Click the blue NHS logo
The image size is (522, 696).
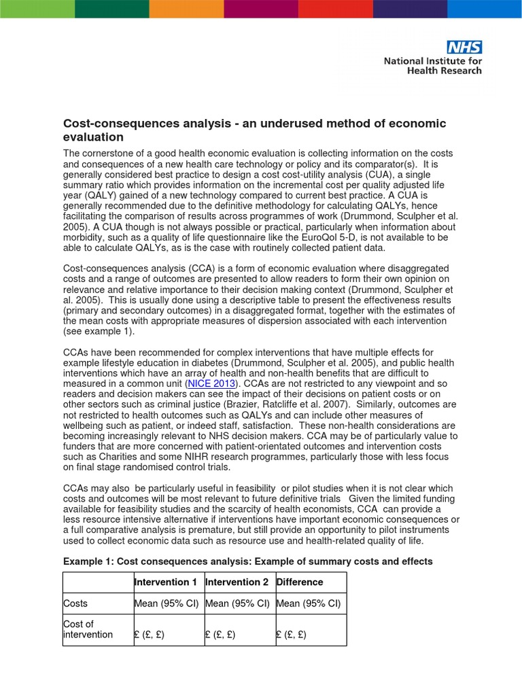pyautogui.click(x=464, y=47)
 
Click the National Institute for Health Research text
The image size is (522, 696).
pyautogui.click(x=432, y=65)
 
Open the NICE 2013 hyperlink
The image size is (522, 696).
pyautogui.click(x=215, y=384)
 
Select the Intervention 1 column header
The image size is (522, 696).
pyautogui.click(x=165, y=582)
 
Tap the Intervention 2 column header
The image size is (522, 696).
pyautogui.click(x=237, y=582)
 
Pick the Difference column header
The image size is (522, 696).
pyautogui.click(x=299, y=582)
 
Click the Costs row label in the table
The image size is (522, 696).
pyautogui.click(x=75, y=603)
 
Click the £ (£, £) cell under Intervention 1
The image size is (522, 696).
pyautogui.click(x=149, y=635)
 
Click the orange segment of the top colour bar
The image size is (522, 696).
pyautogui.click(x=186, y=9)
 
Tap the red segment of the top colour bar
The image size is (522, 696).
pyautogui.click(x=336, y=9)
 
